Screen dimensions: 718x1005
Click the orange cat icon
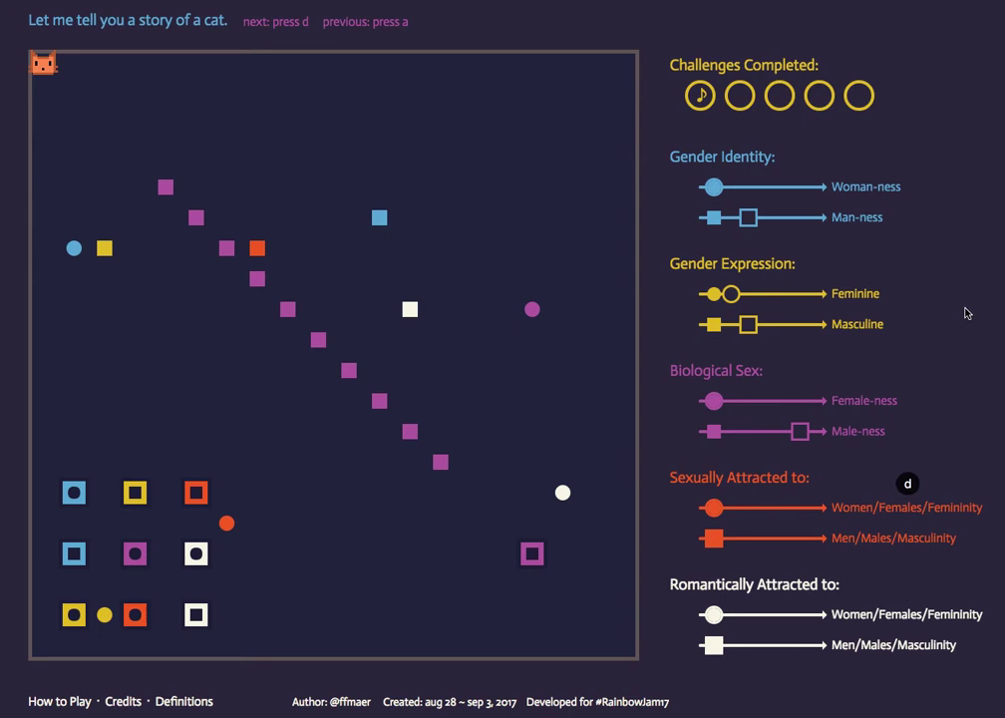click(x=43, y=64)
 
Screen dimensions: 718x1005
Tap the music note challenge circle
click(x=700, y=96)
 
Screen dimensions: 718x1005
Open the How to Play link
click(x=60, y=701)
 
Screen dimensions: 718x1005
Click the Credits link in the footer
click(x=124, y=701)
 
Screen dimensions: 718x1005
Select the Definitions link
click(x=184, y=701)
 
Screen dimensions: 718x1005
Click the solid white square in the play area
click(x=410, y=309)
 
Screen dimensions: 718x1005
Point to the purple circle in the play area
click(x=532, y=309)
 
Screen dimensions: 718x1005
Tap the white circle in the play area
click(x=562, y=493)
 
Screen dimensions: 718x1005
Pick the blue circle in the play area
click(x=74, y=248)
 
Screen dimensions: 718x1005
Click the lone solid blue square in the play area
click(x=379, y=217)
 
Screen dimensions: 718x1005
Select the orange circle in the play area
click(x=226, y=524)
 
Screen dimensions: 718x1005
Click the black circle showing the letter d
click(x=907, y=484)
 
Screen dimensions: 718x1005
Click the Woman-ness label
click(x=865, y=186)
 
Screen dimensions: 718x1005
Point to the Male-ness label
click(x=857, y=431)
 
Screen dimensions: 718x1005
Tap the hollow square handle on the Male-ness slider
click(x=800, y=431)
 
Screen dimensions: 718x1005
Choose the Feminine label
click(x=855, y=293)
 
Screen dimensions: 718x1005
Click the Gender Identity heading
click(x=722, y=157)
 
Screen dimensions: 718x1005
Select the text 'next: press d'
click(x=276, y=21)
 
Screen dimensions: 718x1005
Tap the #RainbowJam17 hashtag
click(x=632, y=702)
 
